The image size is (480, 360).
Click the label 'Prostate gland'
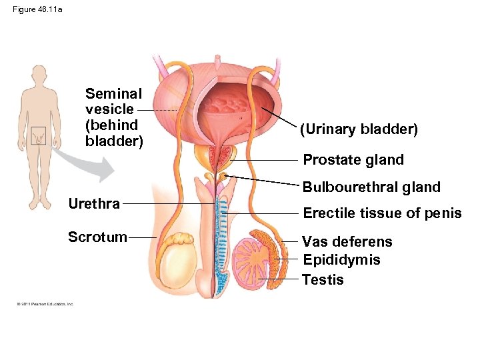click(x=353, y=160)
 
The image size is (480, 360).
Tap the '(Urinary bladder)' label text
click(x=359, y=129)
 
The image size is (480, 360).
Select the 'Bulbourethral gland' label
click(x=371, y=187)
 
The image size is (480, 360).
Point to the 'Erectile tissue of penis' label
click(x=382, y=213)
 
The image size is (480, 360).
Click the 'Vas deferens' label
click(x=347, y=241)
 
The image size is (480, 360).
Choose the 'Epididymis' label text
click(x=341, y=260)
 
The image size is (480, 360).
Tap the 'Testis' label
click(x=323, y=280)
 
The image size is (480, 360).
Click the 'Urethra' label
click(x=94, y=203)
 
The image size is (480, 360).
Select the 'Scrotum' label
click(x=97, y=237)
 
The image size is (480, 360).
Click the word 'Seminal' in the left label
click(x=113, y=94)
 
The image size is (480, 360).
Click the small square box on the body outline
click(x=39, y=135)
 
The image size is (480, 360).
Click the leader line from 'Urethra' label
click(x=167, y=203)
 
